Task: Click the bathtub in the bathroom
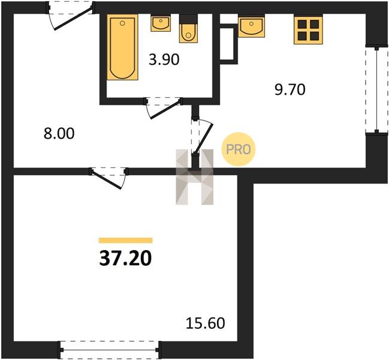122,47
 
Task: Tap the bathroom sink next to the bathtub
161,23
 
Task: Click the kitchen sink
251,26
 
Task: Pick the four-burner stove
308,29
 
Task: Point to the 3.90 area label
164,60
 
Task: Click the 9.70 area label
290,90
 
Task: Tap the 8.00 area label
59,134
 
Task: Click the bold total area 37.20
125,258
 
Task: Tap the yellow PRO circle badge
239,149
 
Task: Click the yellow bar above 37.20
125,240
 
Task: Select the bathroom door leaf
165,110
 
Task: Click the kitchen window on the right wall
376,89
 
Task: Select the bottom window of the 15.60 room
110,350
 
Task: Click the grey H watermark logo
194,177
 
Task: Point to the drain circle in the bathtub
122,23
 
